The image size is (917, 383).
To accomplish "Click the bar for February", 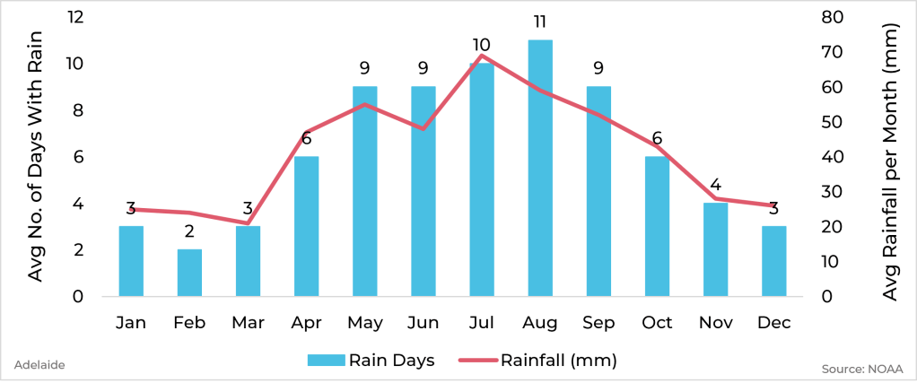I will point(189,273).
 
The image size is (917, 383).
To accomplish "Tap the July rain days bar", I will point(482,179).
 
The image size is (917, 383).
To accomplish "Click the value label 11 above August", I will point(540,22).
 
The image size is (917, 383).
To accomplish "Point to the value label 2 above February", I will point(189,231).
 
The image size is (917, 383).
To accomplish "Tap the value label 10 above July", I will point(482,45).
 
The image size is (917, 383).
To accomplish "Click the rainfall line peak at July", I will point(482,56).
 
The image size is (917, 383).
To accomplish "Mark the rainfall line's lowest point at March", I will point(248,223).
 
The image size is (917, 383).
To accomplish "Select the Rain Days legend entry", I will point(371,361).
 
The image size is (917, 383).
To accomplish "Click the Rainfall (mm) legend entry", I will point(538,361).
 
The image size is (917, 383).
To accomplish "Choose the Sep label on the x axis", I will point(598,323).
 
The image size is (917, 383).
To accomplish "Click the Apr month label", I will point(306,323).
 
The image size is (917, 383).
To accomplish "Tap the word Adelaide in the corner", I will point(39,365).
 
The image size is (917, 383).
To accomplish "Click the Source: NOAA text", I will point(861,369).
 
